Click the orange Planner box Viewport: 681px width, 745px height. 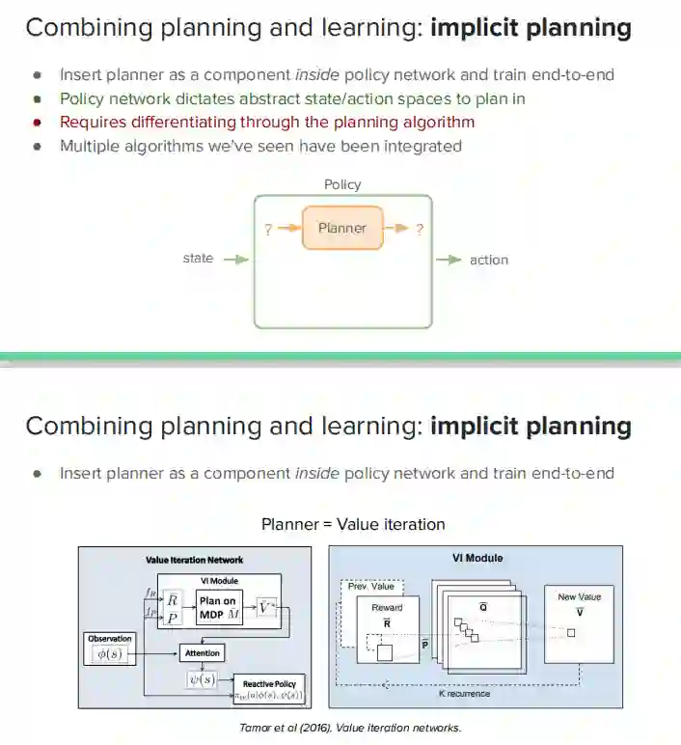click(x=342, y=229)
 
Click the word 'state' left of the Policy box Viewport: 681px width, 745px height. click(x=198, y=259)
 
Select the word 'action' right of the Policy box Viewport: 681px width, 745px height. click(x=489, y=260)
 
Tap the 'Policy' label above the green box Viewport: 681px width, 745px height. click(x=342, y=184)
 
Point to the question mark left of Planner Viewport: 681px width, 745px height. click(x=268, y=230)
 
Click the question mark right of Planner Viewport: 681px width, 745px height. click(x=420, y=230)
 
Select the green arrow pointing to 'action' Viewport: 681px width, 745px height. click(x=449, y=260)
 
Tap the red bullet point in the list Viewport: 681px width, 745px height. click(x=37, y=123)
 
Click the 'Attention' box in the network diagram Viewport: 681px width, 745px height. click(x=202, y=653)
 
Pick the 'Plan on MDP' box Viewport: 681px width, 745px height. click(x=218, y=607)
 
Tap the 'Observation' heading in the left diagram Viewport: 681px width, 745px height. click(x=109, y=639)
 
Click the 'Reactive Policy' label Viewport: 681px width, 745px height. click(x=269, y=682)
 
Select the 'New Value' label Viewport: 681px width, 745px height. click(x=579, y=597)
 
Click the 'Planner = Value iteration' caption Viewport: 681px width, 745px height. click(x=353, y=525)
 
